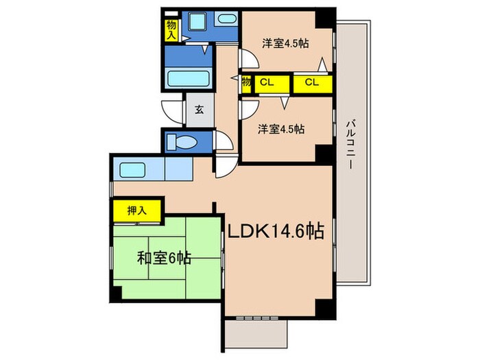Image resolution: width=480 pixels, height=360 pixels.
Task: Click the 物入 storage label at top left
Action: [171, 30]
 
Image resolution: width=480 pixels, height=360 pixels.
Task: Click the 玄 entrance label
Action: [199, 110]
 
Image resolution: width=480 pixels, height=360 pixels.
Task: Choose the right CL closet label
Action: [312, 83]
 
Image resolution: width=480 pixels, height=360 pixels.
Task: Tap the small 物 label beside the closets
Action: [245, 83]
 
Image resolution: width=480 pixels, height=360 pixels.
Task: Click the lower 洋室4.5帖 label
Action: [281, 128]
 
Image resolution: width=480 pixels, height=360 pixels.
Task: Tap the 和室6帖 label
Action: [163, 259]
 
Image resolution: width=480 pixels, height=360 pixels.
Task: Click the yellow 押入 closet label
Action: [137, 209]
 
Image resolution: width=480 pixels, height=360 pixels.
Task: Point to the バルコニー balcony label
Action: [350, 145]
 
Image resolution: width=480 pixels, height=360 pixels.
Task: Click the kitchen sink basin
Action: [130, 169]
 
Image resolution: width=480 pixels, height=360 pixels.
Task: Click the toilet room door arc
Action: [221, 141]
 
